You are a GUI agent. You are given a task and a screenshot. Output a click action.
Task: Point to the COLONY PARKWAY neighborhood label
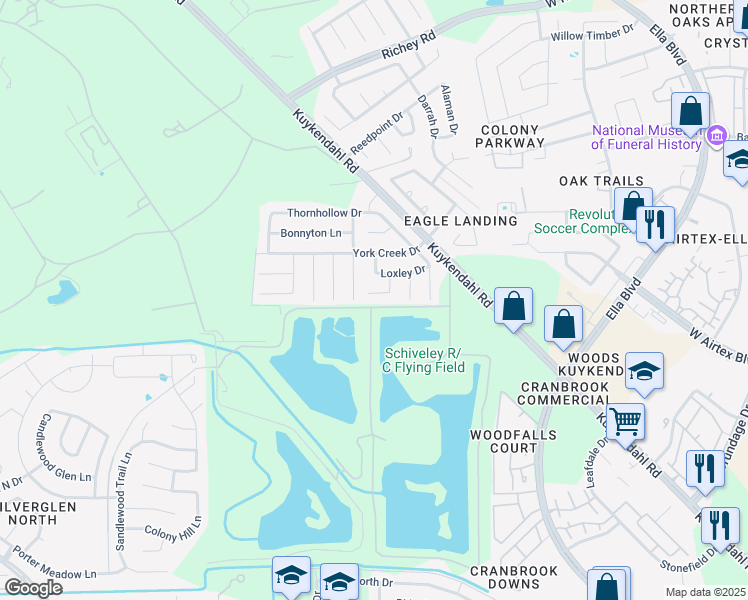tap(510, 136)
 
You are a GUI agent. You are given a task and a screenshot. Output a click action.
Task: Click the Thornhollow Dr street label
tap(324, 213)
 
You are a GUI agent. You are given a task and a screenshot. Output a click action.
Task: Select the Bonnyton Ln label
tap(311, 233)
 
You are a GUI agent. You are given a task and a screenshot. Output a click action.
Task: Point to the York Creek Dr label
tap(386, 253)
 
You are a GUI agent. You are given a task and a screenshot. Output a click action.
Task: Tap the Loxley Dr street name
tap(403, 272)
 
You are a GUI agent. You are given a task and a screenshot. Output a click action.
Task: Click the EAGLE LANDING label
tap(460, 220)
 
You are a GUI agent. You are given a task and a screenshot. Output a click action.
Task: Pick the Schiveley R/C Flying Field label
tap(425, 360)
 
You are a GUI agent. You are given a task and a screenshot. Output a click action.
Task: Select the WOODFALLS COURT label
tap(504, 441)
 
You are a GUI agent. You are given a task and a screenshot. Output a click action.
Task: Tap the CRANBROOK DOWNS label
tap(514, 579)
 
